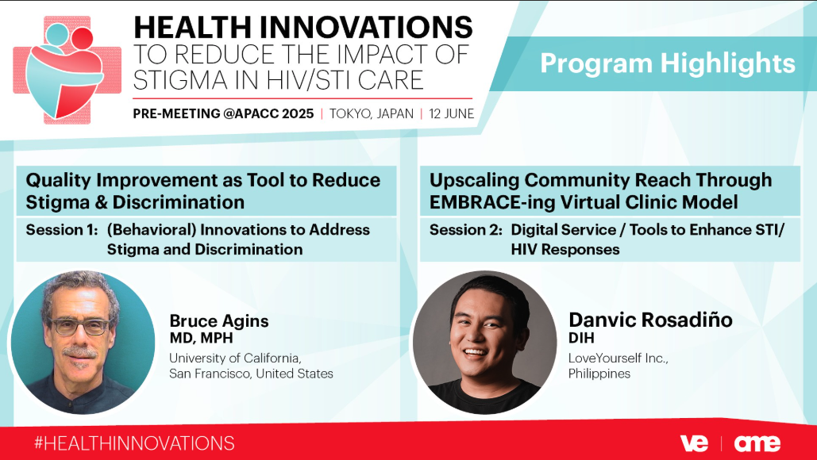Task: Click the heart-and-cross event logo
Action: [67, 70]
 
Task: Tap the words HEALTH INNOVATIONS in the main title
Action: [303, 27]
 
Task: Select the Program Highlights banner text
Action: [668, 63]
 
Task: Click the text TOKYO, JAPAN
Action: [371, 113]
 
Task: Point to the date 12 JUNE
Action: [451, 113]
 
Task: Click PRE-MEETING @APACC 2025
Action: [224, 113]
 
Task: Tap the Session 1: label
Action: [62, 229]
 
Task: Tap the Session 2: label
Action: [466, 229]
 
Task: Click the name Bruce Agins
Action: [219, 320]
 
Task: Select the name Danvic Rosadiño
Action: [650, 320]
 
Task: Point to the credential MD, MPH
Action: [201, 338]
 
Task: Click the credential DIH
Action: [581, 338]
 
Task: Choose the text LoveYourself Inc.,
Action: [618, 358]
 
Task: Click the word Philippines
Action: [599, 374]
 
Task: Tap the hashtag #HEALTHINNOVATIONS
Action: [134, 443]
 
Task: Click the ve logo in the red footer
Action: [694, 443]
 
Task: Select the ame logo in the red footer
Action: [757, 443]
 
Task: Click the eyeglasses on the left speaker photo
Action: [81, 327]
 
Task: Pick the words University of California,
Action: [235, 358]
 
